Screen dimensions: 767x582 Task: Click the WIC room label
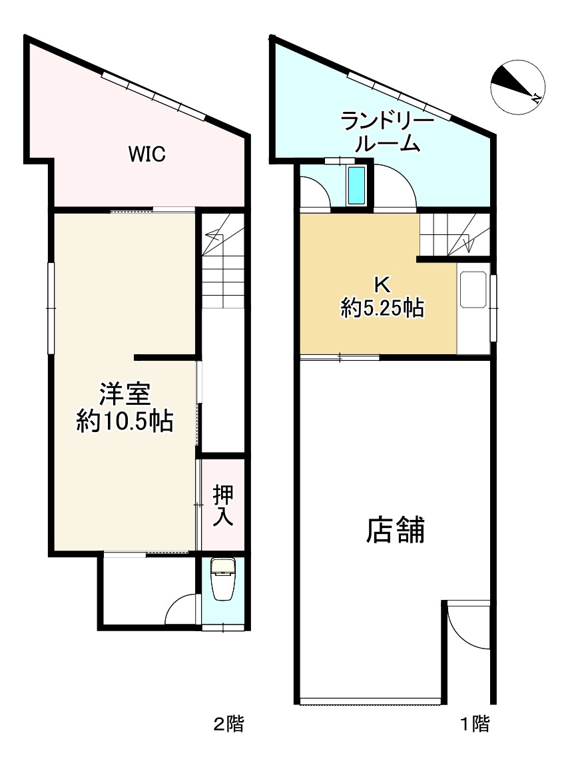coord(146,155)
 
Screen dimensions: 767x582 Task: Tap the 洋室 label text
coord(124,395)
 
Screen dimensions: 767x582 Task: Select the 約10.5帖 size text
coord(125,421)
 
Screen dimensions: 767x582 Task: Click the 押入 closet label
coord(223,505)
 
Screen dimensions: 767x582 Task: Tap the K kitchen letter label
coord(382,285)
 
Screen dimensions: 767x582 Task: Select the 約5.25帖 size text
coord(382,308)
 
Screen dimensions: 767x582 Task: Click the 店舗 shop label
coord(395,531)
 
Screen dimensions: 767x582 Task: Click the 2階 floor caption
coord(228,724)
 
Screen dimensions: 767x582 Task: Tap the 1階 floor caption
coord(475,724)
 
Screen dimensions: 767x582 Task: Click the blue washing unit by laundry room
coord(357,186)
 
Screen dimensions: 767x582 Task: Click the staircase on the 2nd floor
coord(223,263)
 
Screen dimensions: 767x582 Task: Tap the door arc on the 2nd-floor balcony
coord(180,609)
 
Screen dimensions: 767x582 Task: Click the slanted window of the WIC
coord(153,95)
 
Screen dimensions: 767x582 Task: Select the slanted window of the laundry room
coord(399,95)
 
